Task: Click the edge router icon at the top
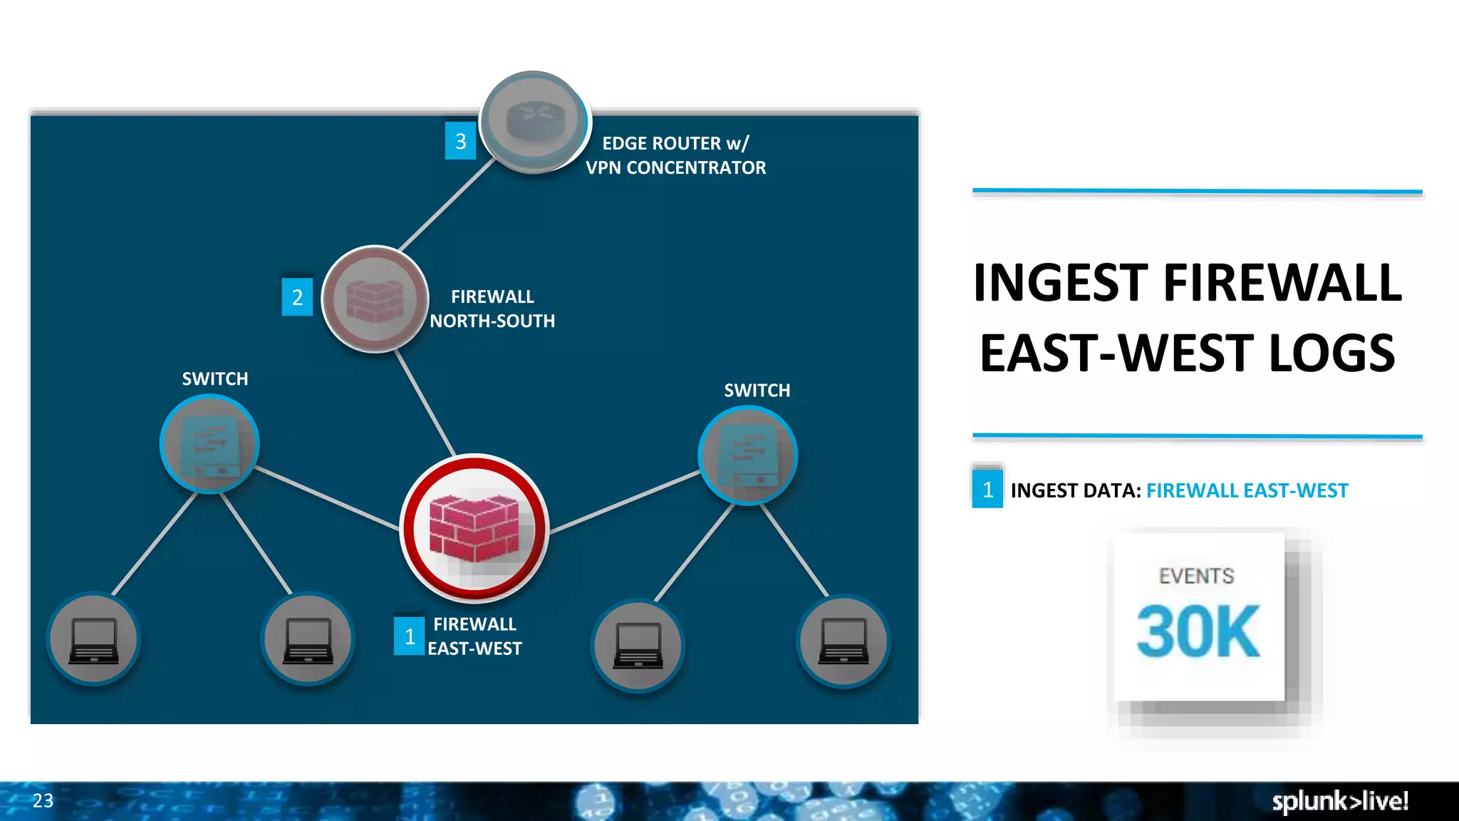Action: [534, 121]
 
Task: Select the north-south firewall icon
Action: [375, 299]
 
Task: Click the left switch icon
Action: [209, 444]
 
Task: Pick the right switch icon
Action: [748, 455]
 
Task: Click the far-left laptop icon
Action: [93, 639]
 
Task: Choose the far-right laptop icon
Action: [843, 641]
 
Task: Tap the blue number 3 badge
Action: [460, 141]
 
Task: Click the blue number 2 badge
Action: [297, 297]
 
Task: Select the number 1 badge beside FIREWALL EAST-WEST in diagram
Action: [410, 636]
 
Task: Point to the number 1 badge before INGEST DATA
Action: [987, 490]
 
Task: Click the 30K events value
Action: [1198, 631]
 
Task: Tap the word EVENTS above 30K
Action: [1197, 576]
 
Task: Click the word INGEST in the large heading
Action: [1061, 283]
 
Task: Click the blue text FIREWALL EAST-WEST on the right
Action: [1247, 490]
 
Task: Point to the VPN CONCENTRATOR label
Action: [675, 167]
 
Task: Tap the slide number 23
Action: [43, 800]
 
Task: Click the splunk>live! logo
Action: [1340, 801]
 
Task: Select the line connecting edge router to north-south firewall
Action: [447, 205]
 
